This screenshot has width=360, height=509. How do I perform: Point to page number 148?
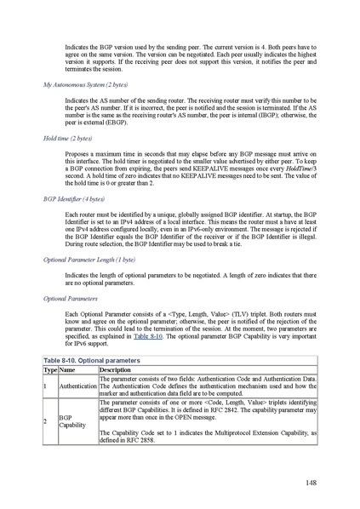(311, 483)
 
